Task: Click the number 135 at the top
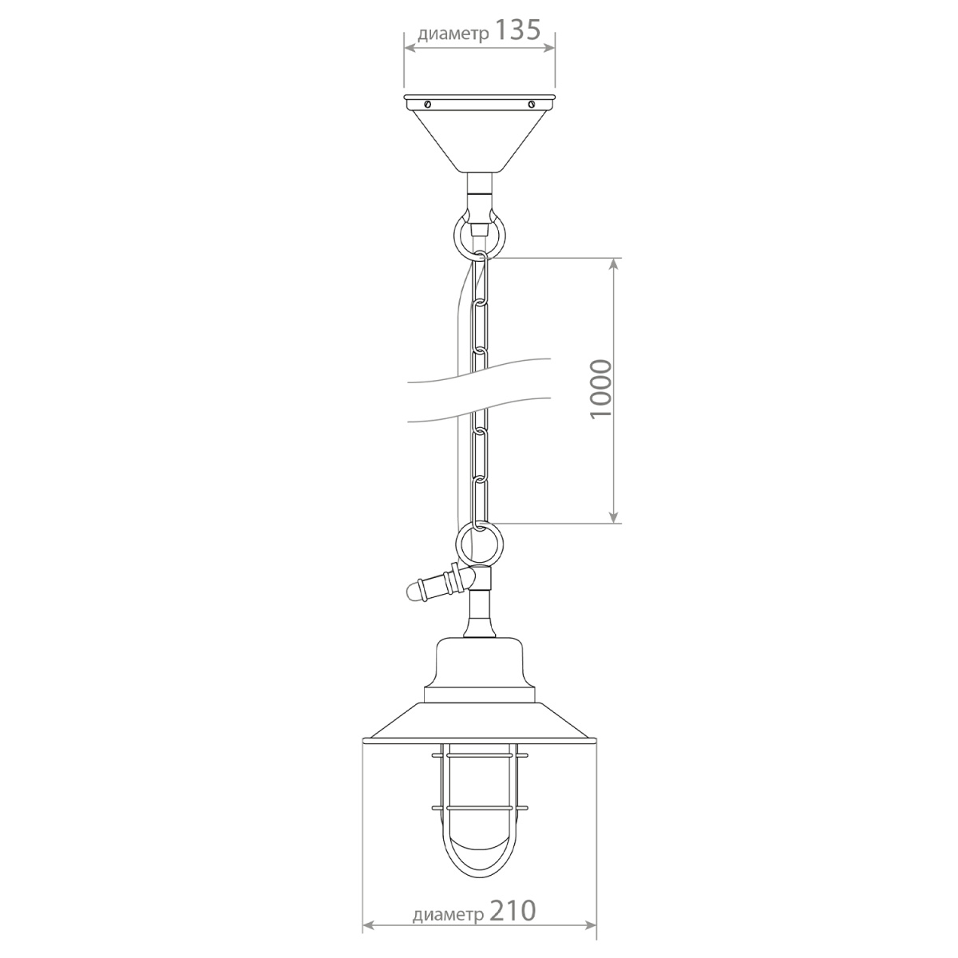point(518,31)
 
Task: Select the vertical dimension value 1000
point(601,390)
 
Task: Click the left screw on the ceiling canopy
point(427,105)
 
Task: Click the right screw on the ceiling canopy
point(532,105)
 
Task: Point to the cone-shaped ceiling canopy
point(479,133)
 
